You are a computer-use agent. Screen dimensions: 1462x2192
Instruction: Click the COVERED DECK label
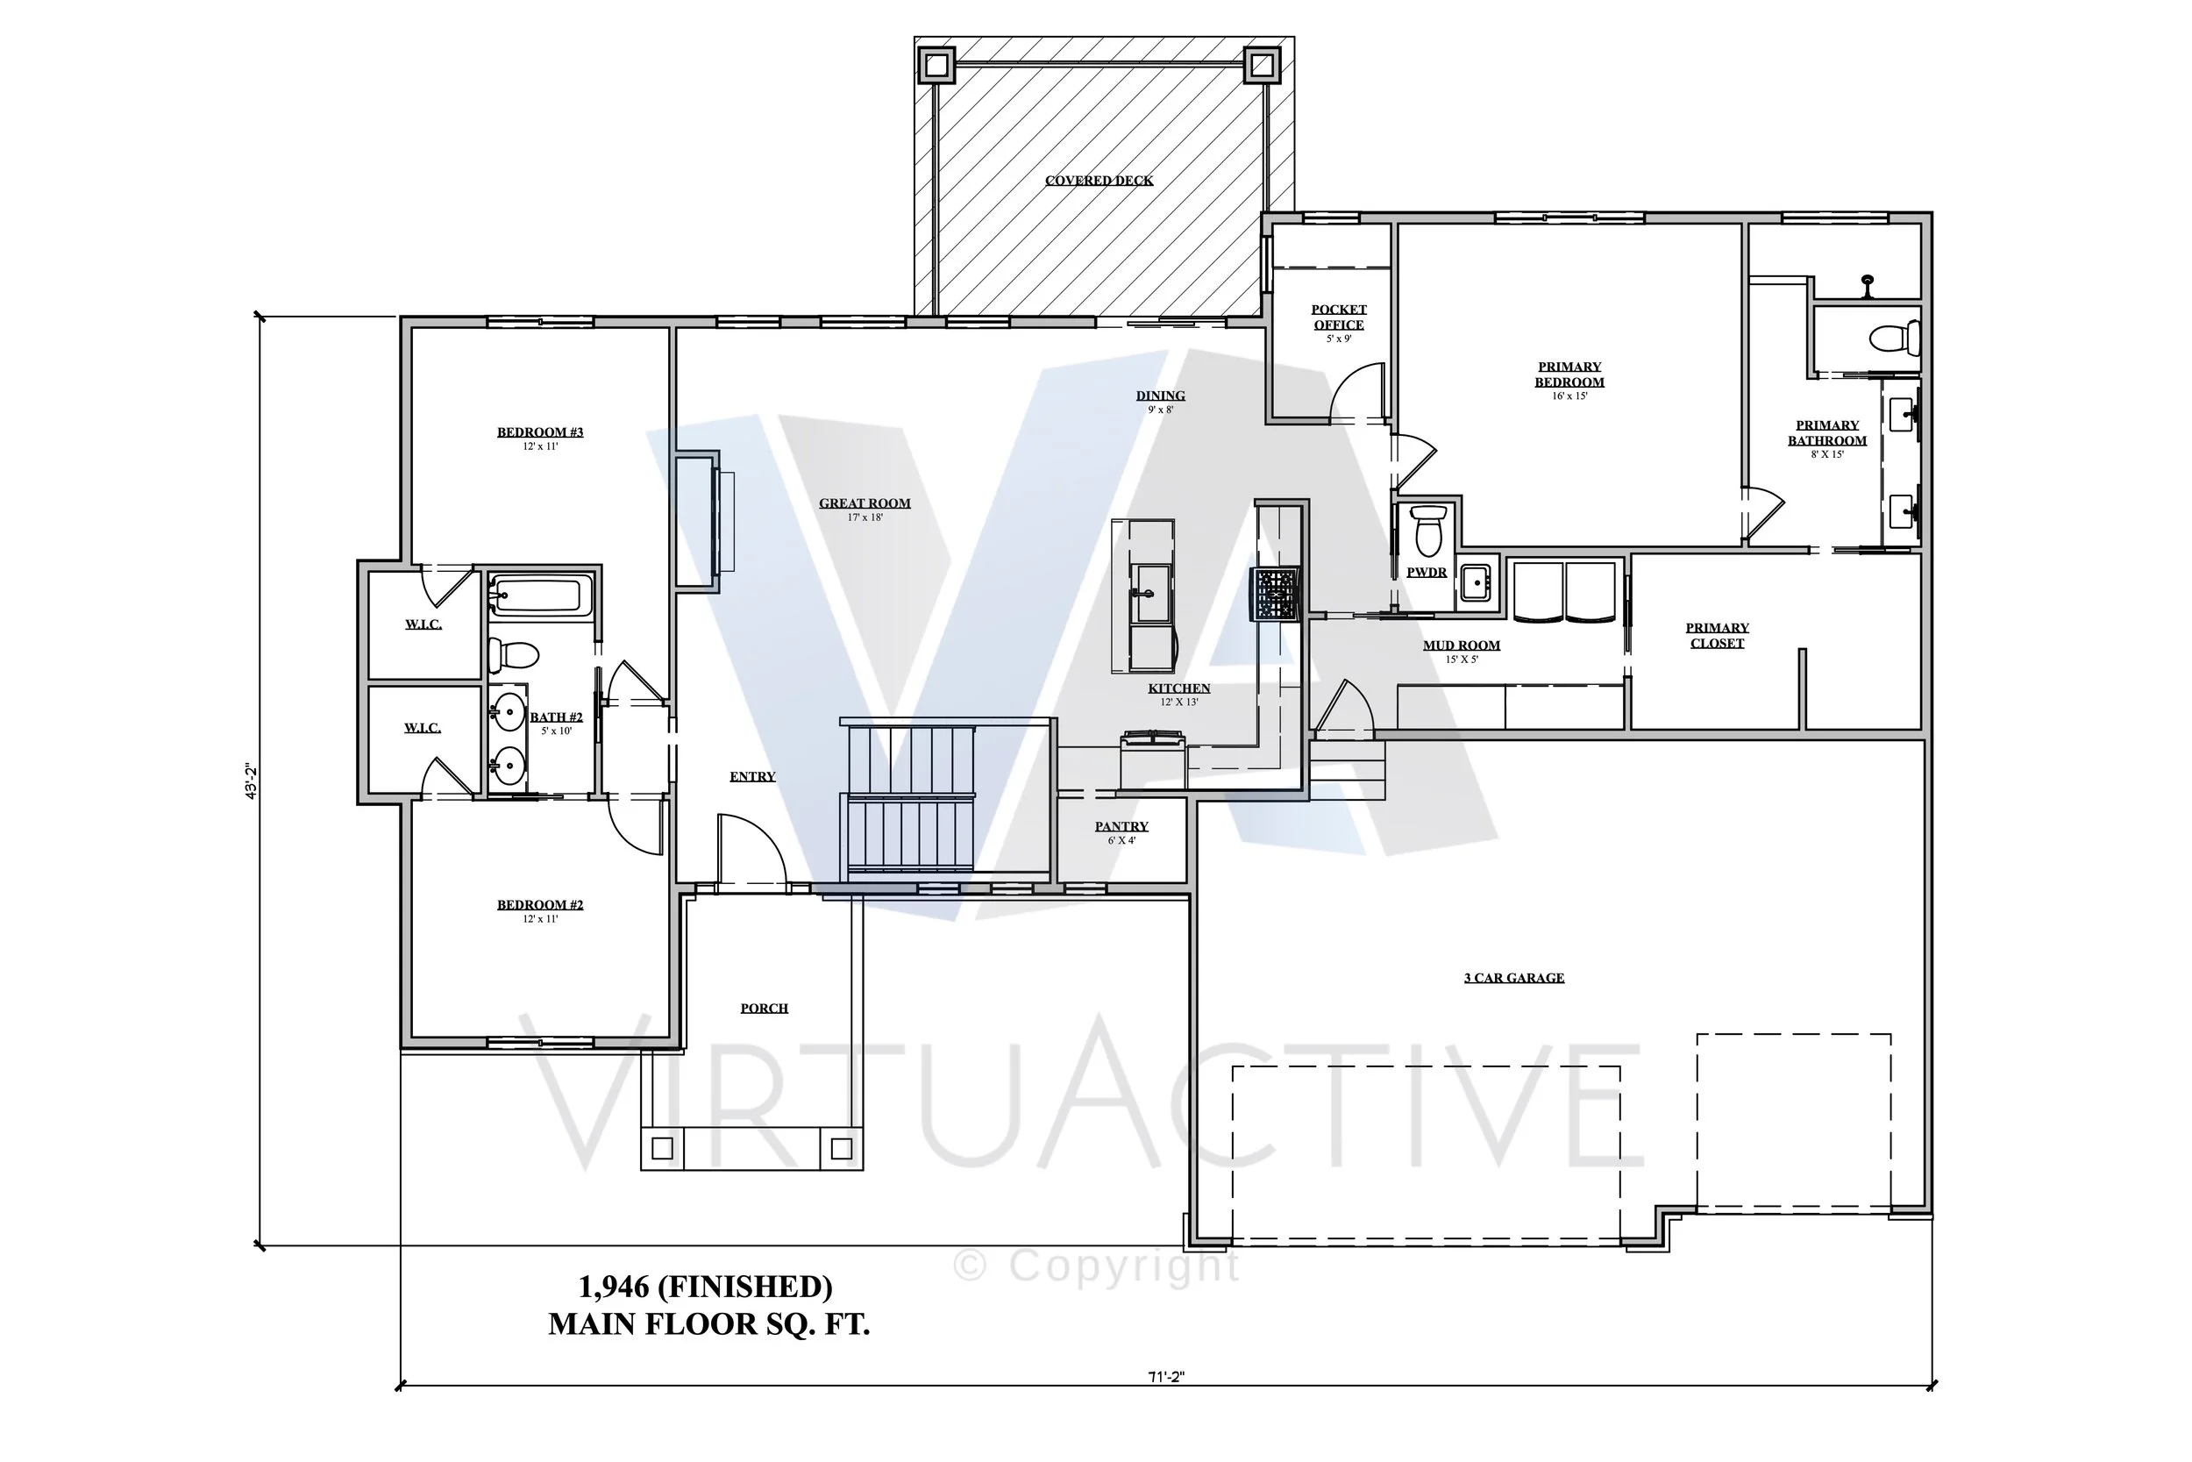(1099, 181)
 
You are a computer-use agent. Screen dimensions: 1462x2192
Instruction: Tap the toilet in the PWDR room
(1427, 531)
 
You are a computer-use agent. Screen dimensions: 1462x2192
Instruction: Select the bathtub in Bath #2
(540, 594)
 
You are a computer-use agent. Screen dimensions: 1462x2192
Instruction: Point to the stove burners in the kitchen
(1275, 594)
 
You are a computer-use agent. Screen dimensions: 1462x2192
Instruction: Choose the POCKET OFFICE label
(1338, 317)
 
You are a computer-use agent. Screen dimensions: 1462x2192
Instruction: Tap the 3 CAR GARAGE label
(1513, 978)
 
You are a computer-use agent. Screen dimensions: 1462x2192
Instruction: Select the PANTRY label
(1121, 827)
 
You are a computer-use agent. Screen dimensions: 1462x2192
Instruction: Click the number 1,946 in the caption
(613, 1287)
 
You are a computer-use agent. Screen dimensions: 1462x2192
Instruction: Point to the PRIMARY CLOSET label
(1717, 636)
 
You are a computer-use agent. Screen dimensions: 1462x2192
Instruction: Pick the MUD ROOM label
(1462, 645)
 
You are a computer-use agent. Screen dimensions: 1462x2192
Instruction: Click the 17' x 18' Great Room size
(865, 517)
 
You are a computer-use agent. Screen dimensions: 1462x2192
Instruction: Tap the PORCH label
(765, 1009)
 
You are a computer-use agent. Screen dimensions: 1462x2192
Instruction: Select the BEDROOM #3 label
(539, 432)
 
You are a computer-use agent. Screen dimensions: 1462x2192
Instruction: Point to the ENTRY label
(752, 777)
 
